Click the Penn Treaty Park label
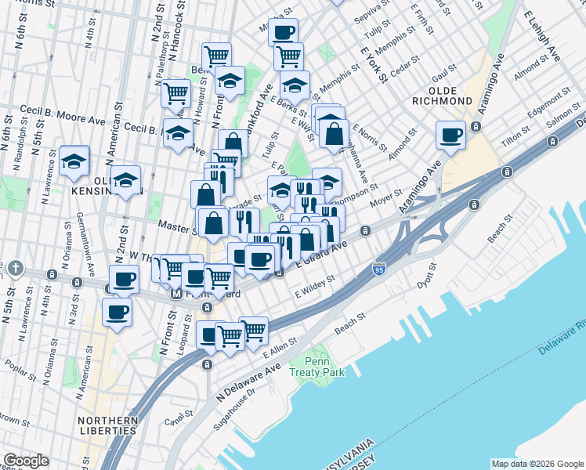pyautogui.click(x=327, y=367)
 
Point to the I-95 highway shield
pyautogui.click(x=379, y=268)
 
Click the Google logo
pyautogui.click(x=26, y=461)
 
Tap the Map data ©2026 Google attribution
pyautogui.click(x=537, y=464)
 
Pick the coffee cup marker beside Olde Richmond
pyautogui.click(x=451, y=136)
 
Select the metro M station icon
pyautogui.click(x=175, y=295)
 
